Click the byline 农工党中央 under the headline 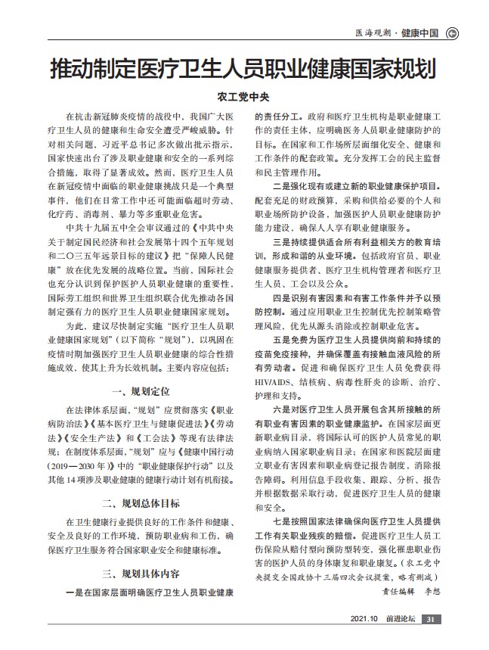pos(244,97)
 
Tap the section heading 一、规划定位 pos(141,391)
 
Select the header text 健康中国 pos(420,33)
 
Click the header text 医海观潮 pos(373,33)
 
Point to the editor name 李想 pos(431,591)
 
